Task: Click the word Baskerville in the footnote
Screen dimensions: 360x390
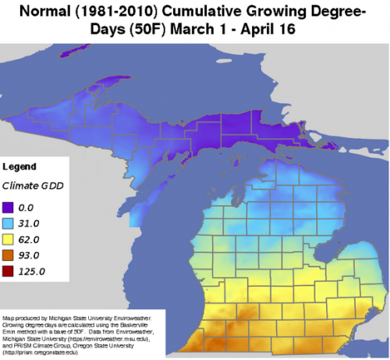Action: click(127, 326)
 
